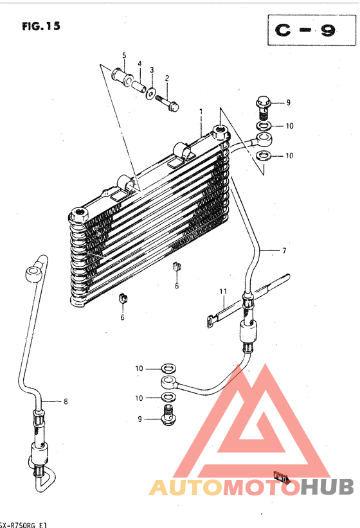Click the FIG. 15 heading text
point(41,26)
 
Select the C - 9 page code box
point(312,30)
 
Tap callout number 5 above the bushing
point(124,55)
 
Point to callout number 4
point(139,64)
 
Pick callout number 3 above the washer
point(152,70)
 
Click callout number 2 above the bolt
point(167,78)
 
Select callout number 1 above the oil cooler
point(201,112)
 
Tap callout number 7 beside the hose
point(285,251)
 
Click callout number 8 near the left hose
point(66,401)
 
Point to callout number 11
point(223,291)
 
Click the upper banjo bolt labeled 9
point(264,107)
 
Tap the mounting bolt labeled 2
point(167,103)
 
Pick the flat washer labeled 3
point(150,93)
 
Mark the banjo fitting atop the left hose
point(34,274)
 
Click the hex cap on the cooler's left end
point(78,215)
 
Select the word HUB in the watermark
point(327,488)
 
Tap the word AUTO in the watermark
point(186,488)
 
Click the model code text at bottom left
point(23,525)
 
